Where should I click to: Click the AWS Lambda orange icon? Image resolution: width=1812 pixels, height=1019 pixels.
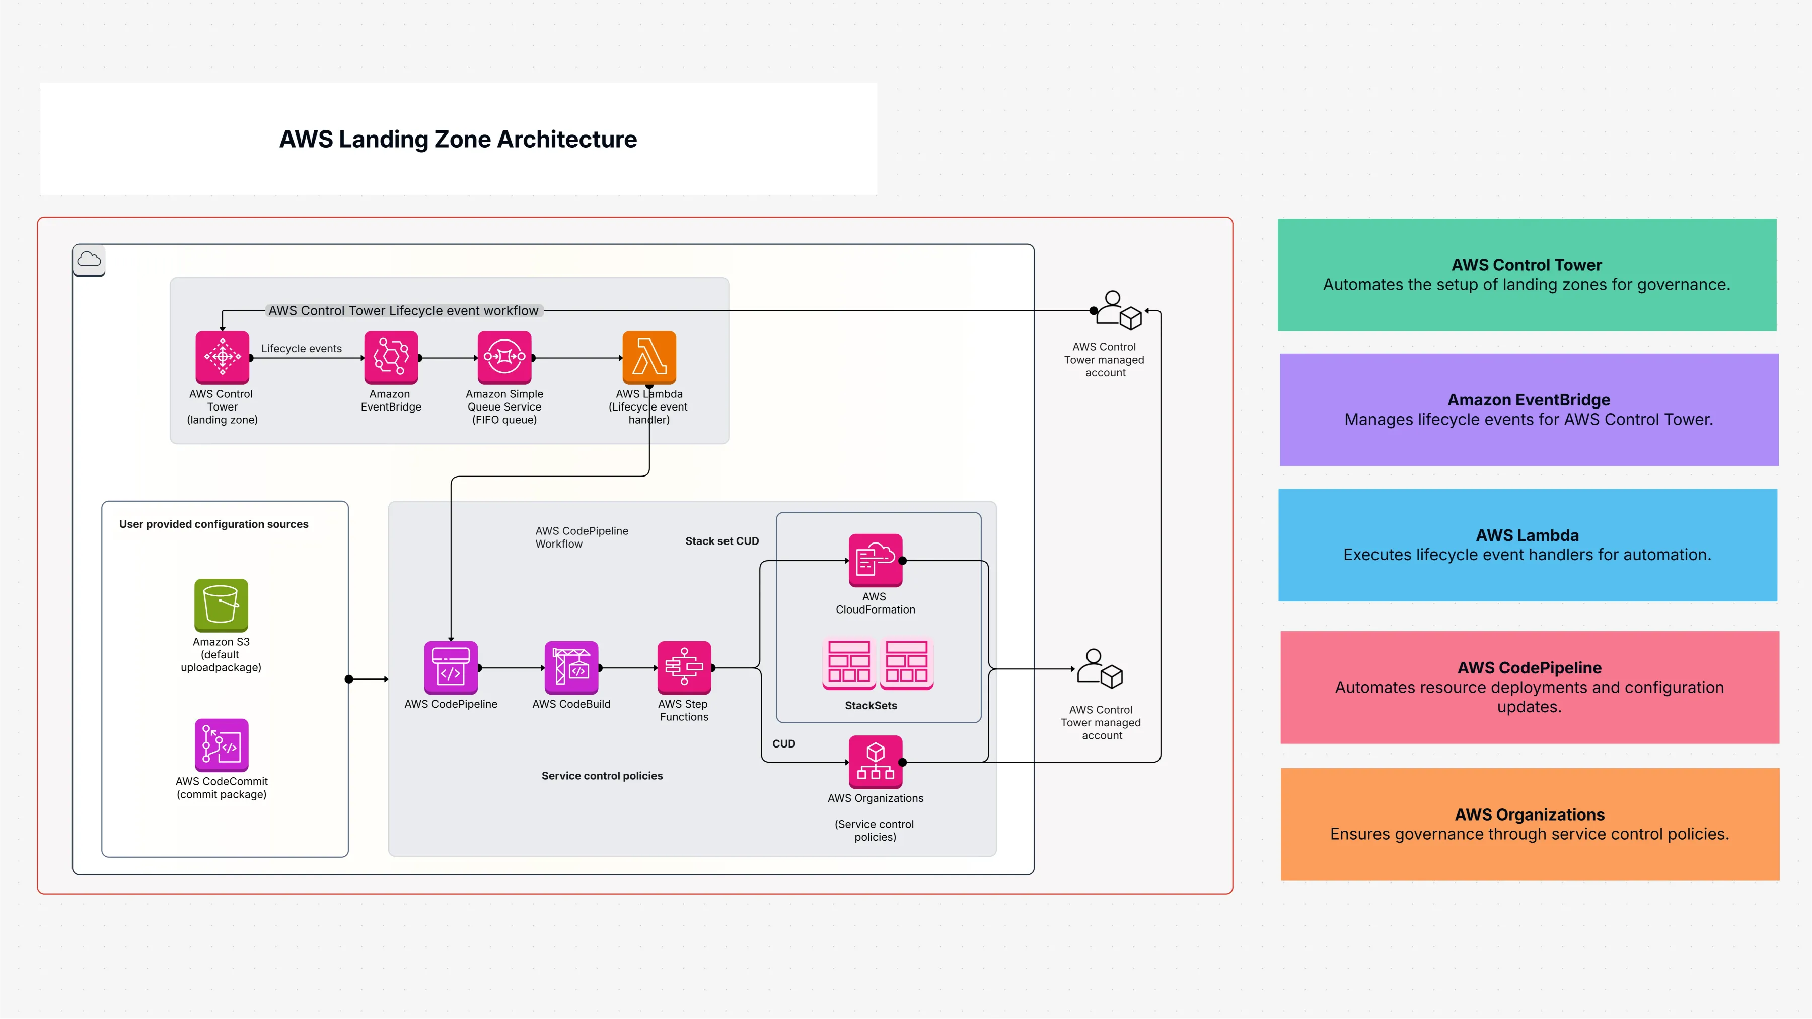pos(648,357)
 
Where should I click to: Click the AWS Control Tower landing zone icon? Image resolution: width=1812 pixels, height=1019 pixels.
pos(222,357)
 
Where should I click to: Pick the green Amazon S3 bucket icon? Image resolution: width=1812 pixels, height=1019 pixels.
pos(221,604)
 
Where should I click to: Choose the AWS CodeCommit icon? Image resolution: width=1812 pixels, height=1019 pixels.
pos(221,744)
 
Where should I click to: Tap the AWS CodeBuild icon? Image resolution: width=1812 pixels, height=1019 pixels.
pos(571,667)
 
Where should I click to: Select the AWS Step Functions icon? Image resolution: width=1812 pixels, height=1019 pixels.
pos(684,667)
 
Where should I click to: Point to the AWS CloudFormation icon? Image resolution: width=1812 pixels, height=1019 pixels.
pos(875,560)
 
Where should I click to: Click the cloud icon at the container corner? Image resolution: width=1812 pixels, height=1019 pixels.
pos(89,260)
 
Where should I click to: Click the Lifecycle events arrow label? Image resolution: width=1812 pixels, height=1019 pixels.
pos(301,349)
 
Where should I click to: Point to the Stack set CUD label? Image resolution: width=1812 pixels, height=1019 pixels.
pos(721,540)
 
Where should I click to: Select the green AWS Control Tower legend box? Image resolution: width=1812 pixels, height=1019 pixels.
pos(1527,275)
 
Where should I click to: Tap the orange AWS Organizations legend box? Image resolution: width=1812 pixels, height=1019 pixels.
pos(1529,824)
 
